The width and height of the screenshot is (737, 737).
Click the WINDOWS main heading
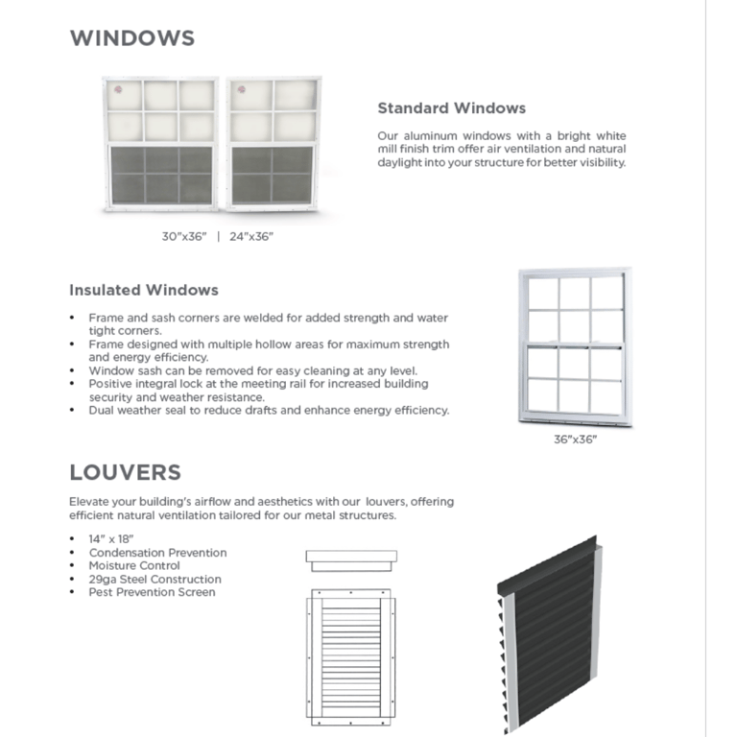point(131,38)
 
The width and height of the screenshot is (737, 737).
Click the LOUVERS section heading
point(125,472)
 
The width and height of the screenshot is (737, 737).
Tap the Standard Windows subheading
point(451,108)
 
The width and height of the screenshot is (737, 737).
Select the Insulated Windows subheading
point(144,290)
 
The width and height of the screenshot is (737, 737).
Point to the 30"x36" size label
point(183,236)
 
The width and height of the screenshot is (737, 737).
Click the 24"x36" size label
point(251,236)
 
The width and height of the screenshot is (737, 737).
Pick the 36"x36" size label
point(575,440)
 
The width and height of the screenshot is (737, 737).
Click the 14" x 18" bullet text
point(110,539)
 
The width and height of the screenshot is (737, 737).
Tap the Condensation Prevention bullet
point(157,553)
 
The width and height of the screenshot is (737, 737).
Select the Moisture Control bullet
point(134,566)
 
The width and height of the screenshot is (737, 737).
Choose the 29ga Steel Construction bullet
point(155,580)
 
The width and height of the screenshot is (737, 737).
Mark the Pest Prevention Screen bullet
point(152,592)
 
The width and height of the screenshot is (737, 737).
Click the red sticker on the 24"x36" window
point(239,93)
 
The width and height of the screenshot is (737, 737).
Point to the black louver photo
point(549,633)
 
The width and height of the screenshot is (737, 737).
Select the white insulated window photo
point(575,347)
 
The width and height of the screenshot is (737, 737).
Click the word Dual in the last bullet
point(104,411)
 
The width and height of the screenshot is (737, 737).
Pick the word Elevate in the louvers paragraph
point(89,502)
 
